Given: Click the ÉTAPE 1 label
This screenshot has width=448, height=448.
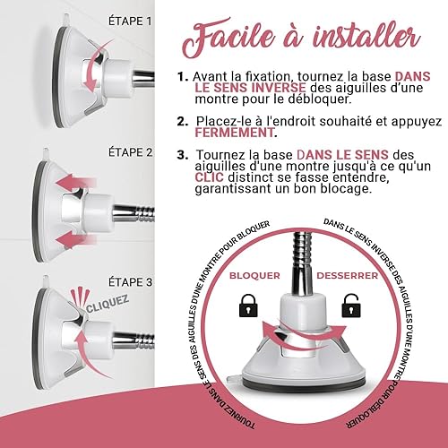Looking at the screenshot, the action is pos(130,22).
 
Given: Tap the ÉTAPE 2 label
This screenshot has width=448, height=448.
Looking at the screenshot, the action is pos(130,152).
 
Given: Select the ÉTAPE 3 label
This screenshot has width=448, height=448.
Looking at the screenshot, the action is pos(130,282).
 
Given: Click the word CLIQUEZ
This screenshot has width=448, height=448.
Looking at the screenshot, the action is pos(108,304).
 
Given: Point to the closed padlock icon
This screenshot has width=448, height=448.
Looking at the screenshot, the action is pos(248,306).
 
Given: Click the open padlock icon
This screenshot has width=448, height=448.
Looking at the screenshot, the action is pos(351,306).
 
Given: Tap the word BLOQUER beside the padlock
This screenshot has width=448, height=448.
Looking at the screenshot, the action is pos(254,275).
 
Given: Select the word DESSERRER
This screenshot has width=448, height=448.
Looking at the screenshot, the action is pos(348,275).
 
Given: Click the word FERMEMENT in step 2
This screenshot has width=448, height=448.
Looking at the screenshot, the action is pos(235,133).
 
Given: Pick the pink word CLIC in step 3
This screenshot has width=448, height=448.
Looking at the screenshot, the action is pos(209,177).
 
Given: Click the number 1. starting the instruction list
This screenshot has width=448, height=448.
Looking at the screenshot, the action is pos(182,77).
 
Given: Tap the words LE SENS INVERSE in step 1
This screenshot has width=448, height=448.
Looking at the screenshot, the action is pos(250,88).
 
